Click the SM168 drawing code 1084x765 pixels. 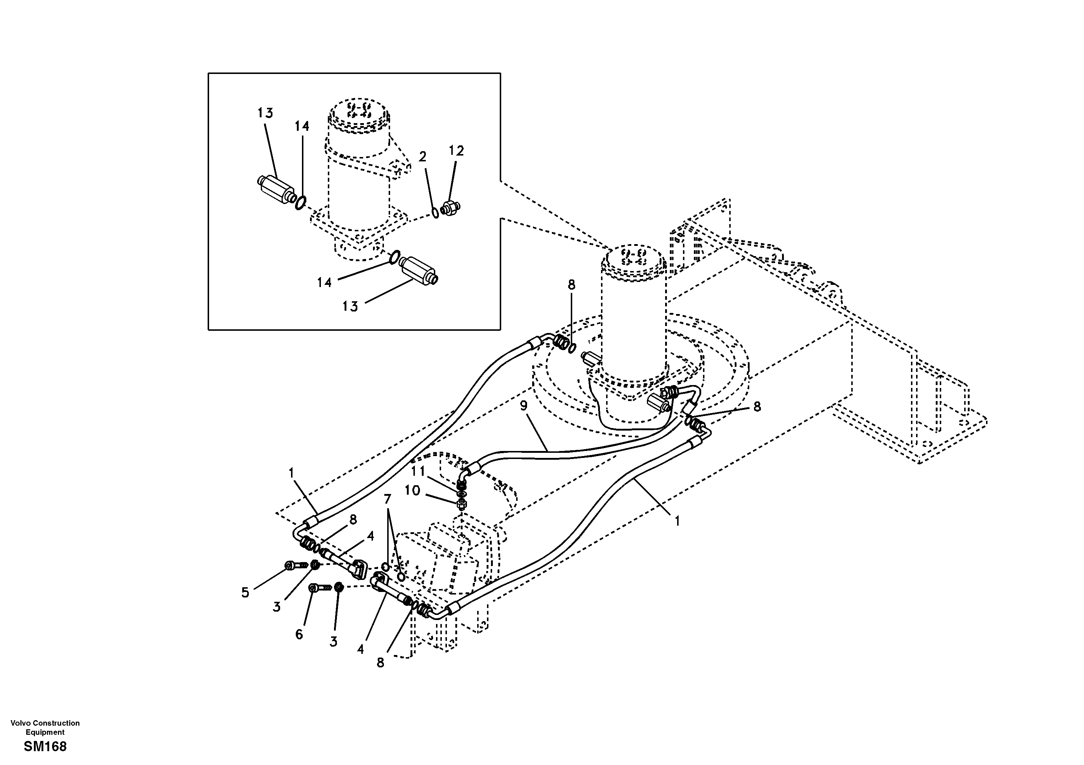(x=45, y=746)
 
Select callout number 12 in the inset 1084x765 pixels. (x=456, y=151)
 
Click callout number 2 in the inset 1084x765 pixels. (x=423, y=156)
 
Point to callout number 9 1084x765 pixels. (x=523, y=405)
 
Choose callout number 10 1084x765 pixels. (x=412, y=491)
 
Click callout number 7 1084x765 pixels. (x=388, y=499)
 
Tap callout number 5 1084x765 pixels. (x=245, y=593)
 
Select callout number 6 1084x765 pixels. (x=299, y=634)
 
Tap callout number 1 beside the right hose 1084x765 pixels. (x=677, y=521)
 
